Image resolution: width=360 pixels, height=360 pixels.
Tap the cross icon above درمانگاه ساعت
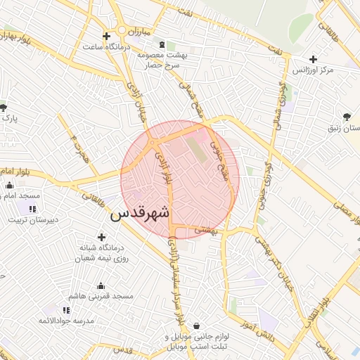click(x=106, y=36)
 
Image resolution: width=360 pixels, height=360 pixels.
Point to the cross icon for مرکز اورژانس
click(x=313, y=60)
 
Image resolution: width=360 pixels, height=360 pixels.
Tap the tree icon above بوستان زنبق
click(x=347, y=117)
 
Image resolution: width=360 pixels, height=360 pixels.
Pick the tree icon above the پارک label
click(x=4, y=108)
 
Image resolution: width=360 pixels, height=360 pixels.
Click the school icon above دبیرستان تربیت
click(x=32, y=208)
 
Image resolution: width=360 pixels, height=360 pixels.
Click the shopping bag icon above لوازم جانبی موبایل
click(x=195, y=326)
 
